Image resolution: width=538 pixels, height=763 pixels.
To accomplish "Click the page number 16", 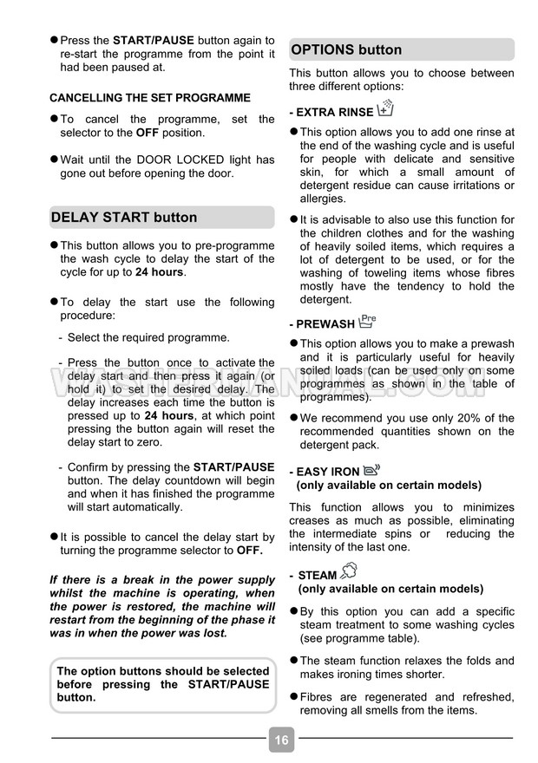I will point(280,740).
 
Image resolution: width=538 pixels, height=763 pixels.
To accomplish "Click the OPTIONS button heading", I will point(346,49).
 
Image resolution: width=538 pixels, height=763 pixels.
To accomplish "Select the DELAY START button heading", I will point(124,217).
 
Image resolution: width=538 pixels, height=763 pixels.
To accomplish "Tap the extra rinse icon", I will point(386,109).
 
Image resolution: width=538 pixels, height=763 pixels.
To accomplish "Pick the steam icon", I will point(349,572).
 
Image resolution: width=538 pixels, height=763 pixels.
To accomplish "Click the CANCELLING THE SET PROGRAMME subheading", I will point(149,98).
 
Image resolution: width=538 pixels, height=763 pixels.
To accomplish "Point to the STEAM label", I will point(318,575).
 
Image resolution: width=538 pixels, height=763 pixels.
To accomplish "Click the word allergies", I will point(323,199).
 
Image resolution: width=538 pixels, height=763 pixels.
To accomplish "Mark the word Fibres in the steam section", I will point(319,697).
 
